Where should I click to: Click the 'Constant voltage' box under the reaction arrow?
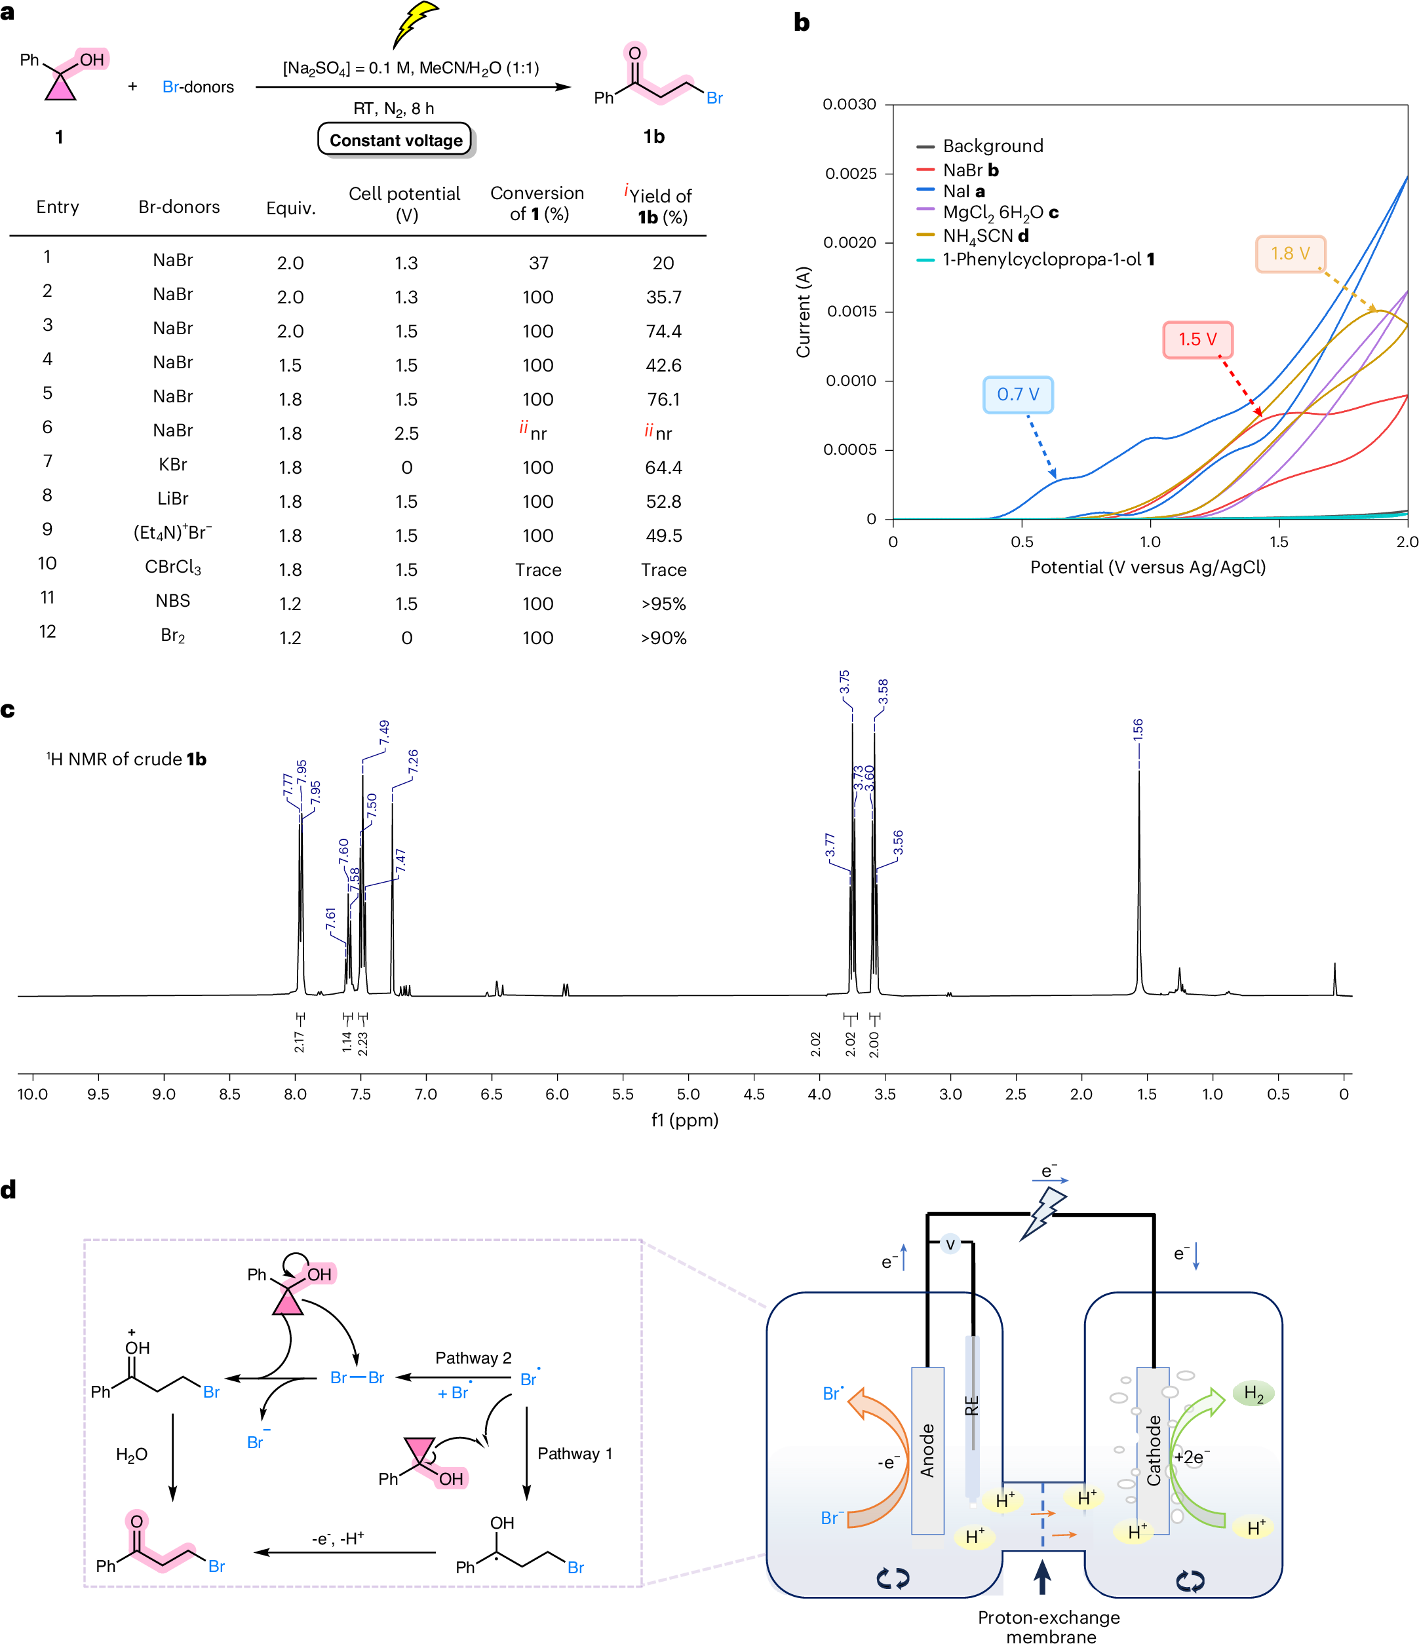396,140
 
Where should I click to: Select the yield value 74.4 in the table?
663,331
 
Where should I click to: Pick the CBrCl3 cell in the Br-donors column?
173,569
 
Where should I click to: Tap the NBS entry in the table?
173,601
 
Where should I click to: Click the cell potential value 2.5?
406,433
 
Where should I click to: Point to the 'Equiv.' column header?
290,208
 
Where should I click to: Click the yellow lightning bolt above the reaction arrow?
414,24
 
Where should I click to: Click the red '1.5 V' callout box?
1197,339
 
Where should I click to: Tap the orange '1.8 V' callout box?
1290,253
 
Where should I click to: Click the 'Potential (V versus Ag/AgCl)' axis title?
1148,567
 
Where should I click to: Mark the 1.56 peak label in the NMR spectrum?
1138,730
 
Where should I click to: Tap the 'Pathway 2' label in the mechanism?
473,1358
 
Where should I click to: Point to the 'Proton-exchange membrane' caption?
1049,1626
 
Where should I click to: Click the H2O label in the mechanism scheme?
132,1455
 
